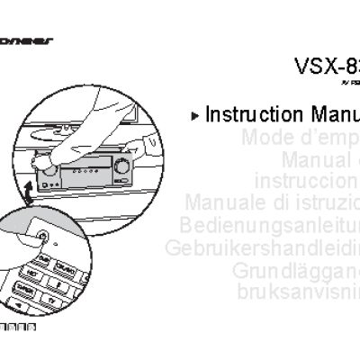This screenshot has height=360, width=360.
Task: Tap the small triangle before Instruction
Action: [196, 116]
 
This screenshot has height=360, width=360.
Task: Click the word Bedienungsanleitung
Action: [269, 224]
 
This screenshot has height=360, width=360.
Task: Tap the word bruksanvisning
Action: [298, 291]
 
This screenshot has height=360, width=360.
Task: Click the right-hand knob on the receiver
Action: [121, 167]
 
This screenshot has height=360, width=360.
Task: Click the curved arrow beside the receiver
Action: [30, 190]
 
